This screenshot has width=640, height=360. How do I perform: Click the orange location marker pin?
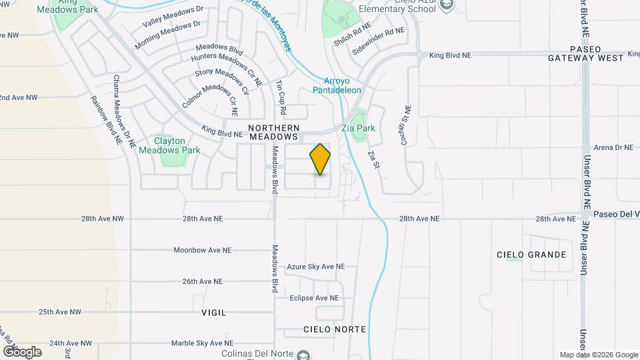pyautogui.click(x=320, y=159)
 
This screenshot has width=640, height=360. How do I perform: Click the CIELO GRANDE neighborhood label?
pyautogui.click(x=531, y=255)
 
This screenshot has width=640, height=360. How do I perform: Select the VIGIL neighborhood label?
pyautogui.click(x=214, y=312)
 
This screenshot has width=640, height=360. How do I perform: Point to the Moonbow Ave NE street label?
pyautogui.click(x=202, y=251)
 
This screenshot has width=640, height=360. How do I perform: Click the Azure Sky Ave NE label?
pyautogui.click(x=315, y=267)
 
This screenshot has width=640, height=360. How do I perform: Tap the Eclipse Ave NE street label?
pyautogui.click(x=314, y=298)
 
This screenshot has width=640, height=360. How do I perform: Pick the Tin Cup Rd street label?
pyautogui.click(x=281, y=97)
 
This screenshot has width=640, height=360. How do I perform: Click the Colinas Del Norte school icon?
pyautogui.click(x=303, y=355)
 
